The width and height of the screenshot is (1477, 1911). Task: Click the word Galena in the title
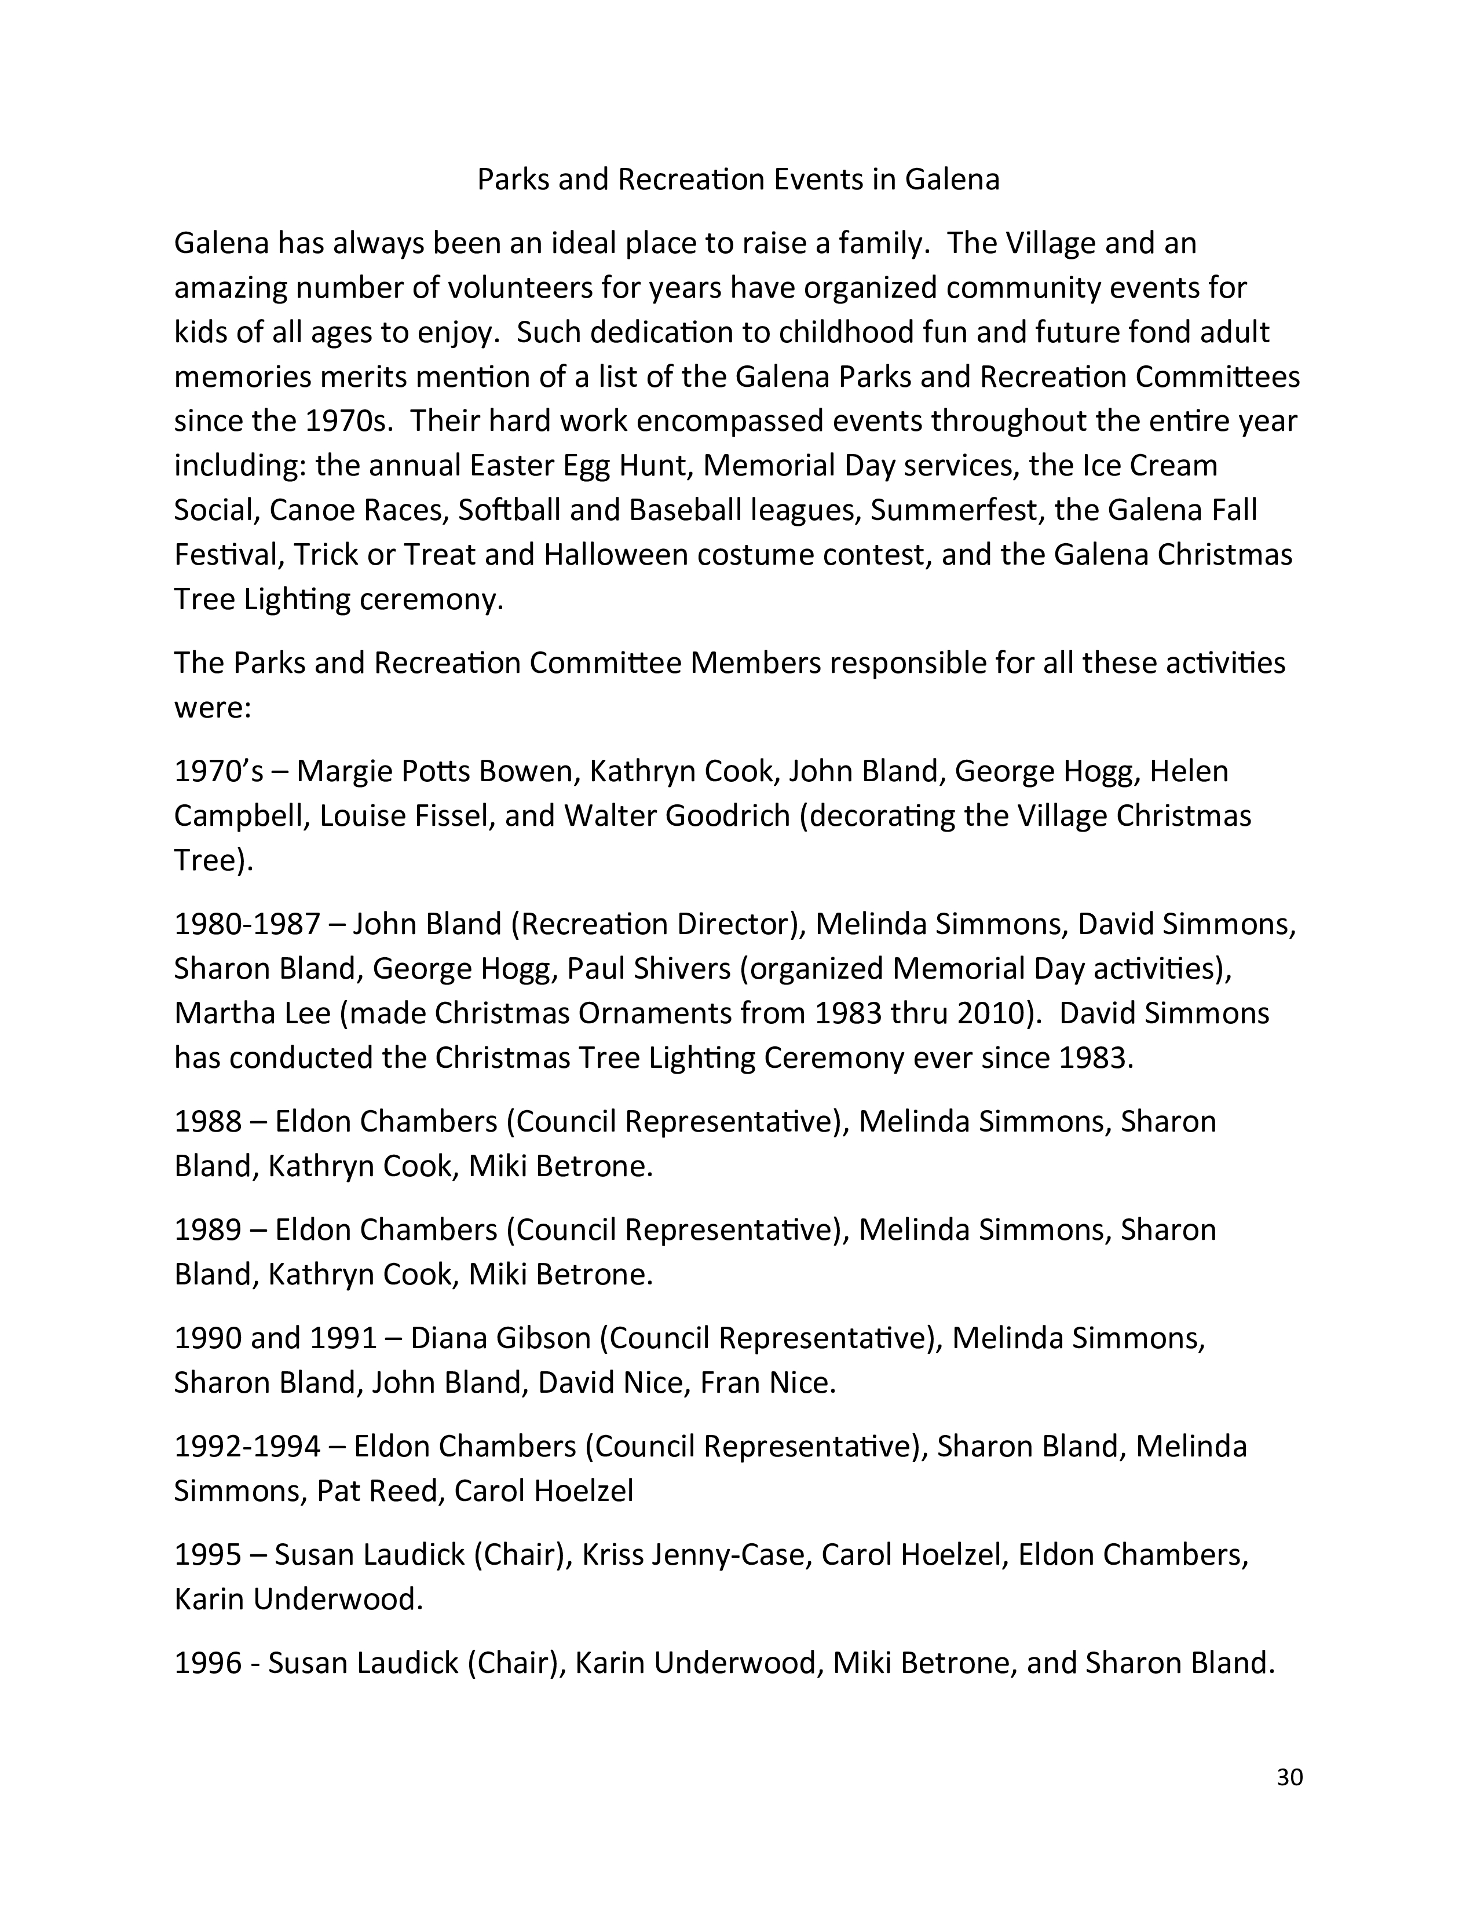click(x=952, y=180)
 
